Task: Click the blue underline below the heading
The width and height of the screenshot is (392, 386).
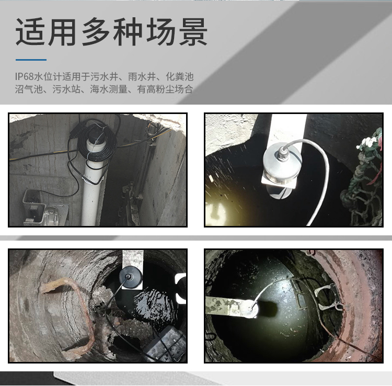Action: pos(31,60)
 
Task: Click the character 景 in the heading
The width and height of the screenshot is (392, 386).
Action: pos(193,32)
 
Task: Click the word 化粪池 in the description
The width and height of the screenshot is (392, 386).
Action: pos(180,76)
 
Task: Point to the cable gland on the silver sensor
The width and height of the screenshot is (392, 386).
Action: pos(282,152)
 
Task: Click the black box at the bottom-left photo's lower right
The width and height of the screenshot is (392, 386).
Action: pos(166,345)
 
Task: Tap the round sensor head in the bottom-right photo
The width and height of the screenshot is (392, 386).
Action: pos(250,309)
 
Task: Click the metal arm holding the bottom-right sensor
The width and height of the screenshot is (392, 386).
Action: pos(225,305)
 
